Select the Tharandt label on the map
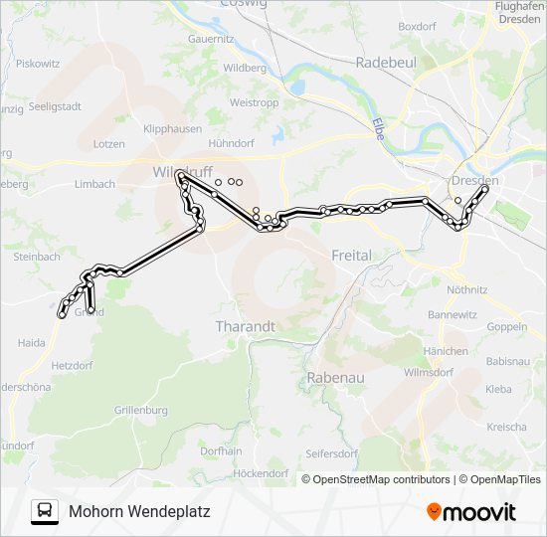pos(245,325)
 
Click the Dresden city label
pos(474,181)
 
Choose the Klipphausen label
pos(172,129)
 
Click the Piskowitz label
pos(38,63)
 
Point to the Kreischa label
pos(507,427)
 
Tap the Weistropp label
pos(254,102)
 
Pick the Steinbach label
pos(37,257)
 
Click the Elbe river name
pos(378,129)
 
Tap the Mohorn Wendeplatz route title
pos(139,512)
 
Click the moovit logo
pos(471,511)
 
